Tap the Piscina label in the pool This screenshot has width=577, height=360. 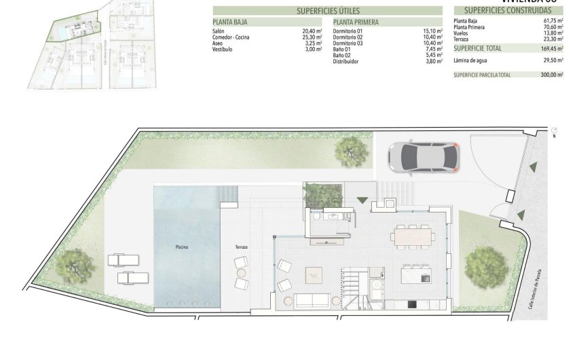pos(180,247)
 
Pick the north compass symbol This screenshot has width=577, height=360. pos(555,130)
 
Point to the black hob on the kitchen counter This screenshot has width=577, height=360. pos(412,304)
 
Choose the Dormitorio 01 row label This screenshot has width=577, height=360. pos(348,31)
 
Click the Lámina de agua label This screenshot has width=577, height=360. pos(470,60)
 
